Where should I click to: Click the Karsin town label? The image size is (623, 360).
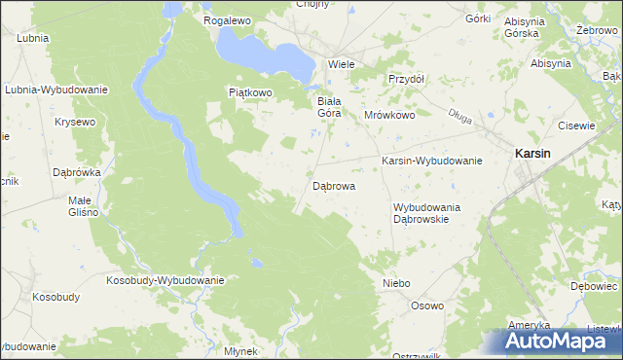(532, 154)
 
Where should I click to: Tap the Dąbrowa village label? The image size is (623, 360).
(333, 185)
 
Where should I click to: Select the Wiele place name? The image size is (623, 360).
(341, 63)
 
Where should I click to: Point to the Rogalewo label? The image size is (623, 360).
(228, 19)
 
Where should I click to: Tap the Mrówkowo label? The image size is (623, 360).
(389, 114)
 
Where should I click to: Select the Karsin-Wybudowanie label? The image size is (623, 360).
(431, 161)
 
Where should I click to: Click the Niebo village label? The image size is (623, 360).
(396, 283)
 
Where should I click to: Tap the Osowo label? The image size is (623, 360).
(426, 306)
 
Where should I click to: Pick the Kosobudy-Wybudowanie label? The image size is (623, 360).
(165, 280)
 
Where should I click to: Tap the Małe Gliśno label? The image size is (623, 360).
(79, 205)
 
